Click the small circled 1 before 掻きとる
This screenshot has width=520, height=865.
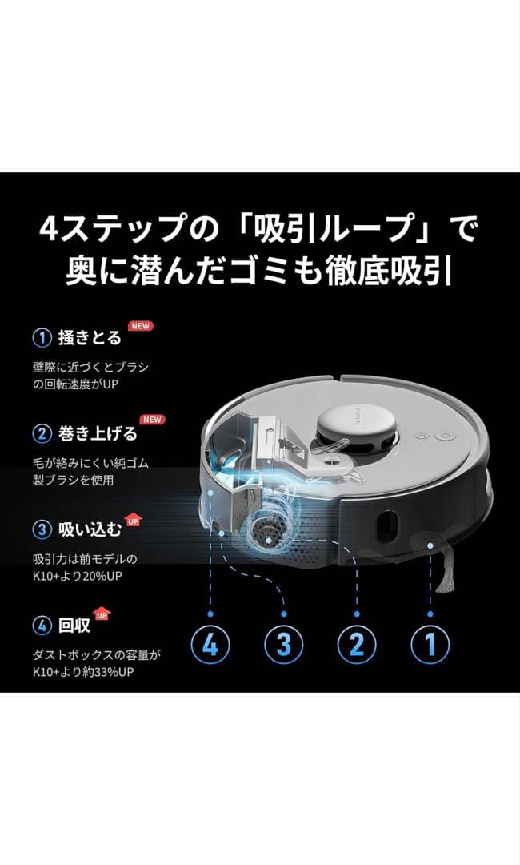[42, 337]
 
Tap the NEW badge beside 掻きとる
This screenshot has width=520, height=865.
[141, 326]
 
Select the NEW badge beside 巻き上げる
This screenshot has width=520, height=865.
[151, 420]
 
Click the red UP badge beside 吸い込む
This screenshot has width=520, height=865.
[133, 521]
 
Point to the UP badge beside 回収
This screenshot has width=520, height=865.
[102, 615]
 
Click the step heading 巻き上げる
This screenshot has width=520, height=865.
[98, 434]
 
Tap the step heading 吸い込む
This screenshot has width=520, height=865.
[90, 529]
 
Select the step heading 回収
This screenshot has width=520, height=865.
[74, 625]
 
